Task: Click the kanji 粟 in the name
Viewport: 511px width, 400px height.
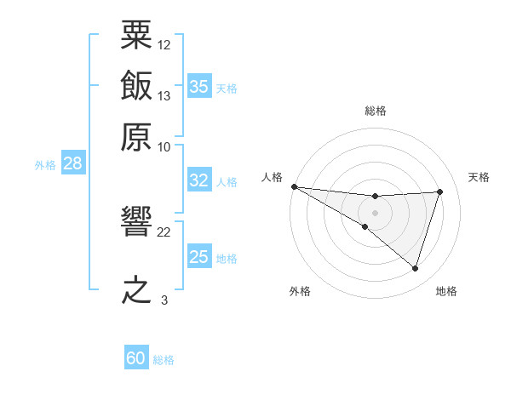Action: [136, 35]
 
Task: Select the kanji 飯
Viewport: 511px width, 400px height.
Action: [136, 85]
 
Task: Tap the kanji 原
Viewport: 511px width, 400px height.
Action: [136, 137]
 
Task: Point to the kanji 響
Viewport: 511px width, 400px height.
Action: [136, 220]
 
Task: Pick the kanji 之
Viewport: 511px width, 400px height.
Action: [136, 289]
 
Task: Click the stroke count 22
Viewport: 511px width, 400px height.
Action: [164, 232]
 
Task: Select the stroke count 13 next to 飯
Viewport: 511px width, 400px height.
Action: [164, 96]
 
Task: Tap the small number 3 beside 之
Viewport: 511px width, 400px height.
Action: [164, 300]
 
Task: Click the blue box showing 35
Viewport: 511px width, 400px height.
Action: [199, 86]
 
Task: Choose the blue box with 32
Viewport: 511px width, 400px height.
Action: [199, 180]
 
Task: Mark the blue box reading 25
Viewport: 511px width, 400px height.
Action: [199, 255]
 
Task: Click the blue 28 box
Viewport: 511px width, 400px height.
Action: [73, 163]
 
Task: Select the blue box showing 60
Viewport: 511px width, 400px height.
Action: [136, 357]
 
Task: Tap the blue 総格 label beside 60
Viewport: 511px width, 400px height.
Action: [164, 360]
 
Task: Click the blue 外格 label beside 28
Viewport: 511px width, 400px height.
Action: [45, 165]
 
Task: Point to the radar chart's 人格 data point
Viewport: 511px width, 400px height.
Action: [295, 186]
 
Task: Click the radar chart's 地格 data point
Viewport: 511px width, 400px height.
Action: [415, 268]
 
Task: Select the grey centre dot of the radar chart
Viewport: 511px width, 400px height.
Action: [375, 213]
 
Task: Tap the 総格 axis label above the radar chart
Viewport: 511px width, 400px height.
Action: [376, 111]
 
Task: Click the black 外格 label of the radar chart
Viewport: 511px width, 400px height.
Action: [300, 291]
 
